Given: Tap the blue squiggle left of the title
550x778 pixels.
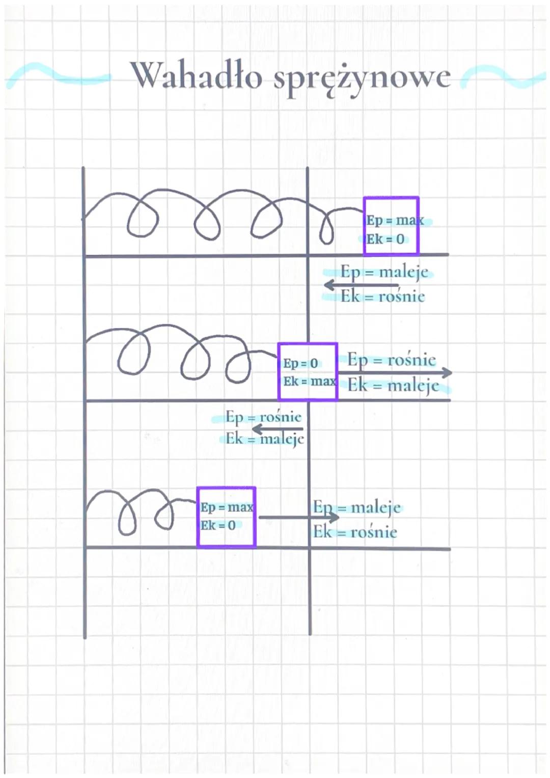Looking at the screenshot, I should (56, 75).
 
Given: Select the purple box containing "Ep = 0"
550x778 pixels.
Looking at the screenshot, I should (308, 371).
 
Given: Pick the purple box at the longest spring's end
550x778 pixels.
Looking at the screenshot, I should (391, 226).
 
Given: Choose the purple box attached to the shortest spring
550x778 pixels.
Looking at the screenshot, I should (226, 517).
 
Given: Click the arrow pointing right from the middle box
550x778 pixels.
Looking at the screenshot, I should (395, 373).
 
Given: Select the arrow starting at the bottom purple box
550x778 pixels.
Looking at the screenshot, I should (298, 518).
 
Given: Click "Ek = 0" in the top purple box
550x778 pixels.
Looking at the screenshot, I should (386, 239).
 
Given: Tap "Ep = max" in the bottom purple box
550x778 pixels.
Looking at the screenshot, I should (227, 507).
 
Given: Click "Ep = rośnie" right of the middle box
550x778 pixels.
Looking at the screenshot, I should (392, 360).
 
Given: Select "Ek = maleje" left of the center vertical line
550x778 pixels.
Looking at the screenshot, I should (265, 439).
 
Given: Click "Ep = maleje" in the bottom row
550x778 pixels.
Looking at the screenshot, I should (357, 507).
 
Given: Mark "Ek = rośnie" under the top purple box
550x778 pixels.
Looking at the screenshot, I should (382, 297).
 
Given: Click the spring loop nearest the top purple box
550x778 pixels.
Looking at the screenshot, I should (326, 228).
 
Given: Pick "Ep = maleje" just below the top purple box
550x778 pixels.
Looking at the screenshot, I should (384, 272).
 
